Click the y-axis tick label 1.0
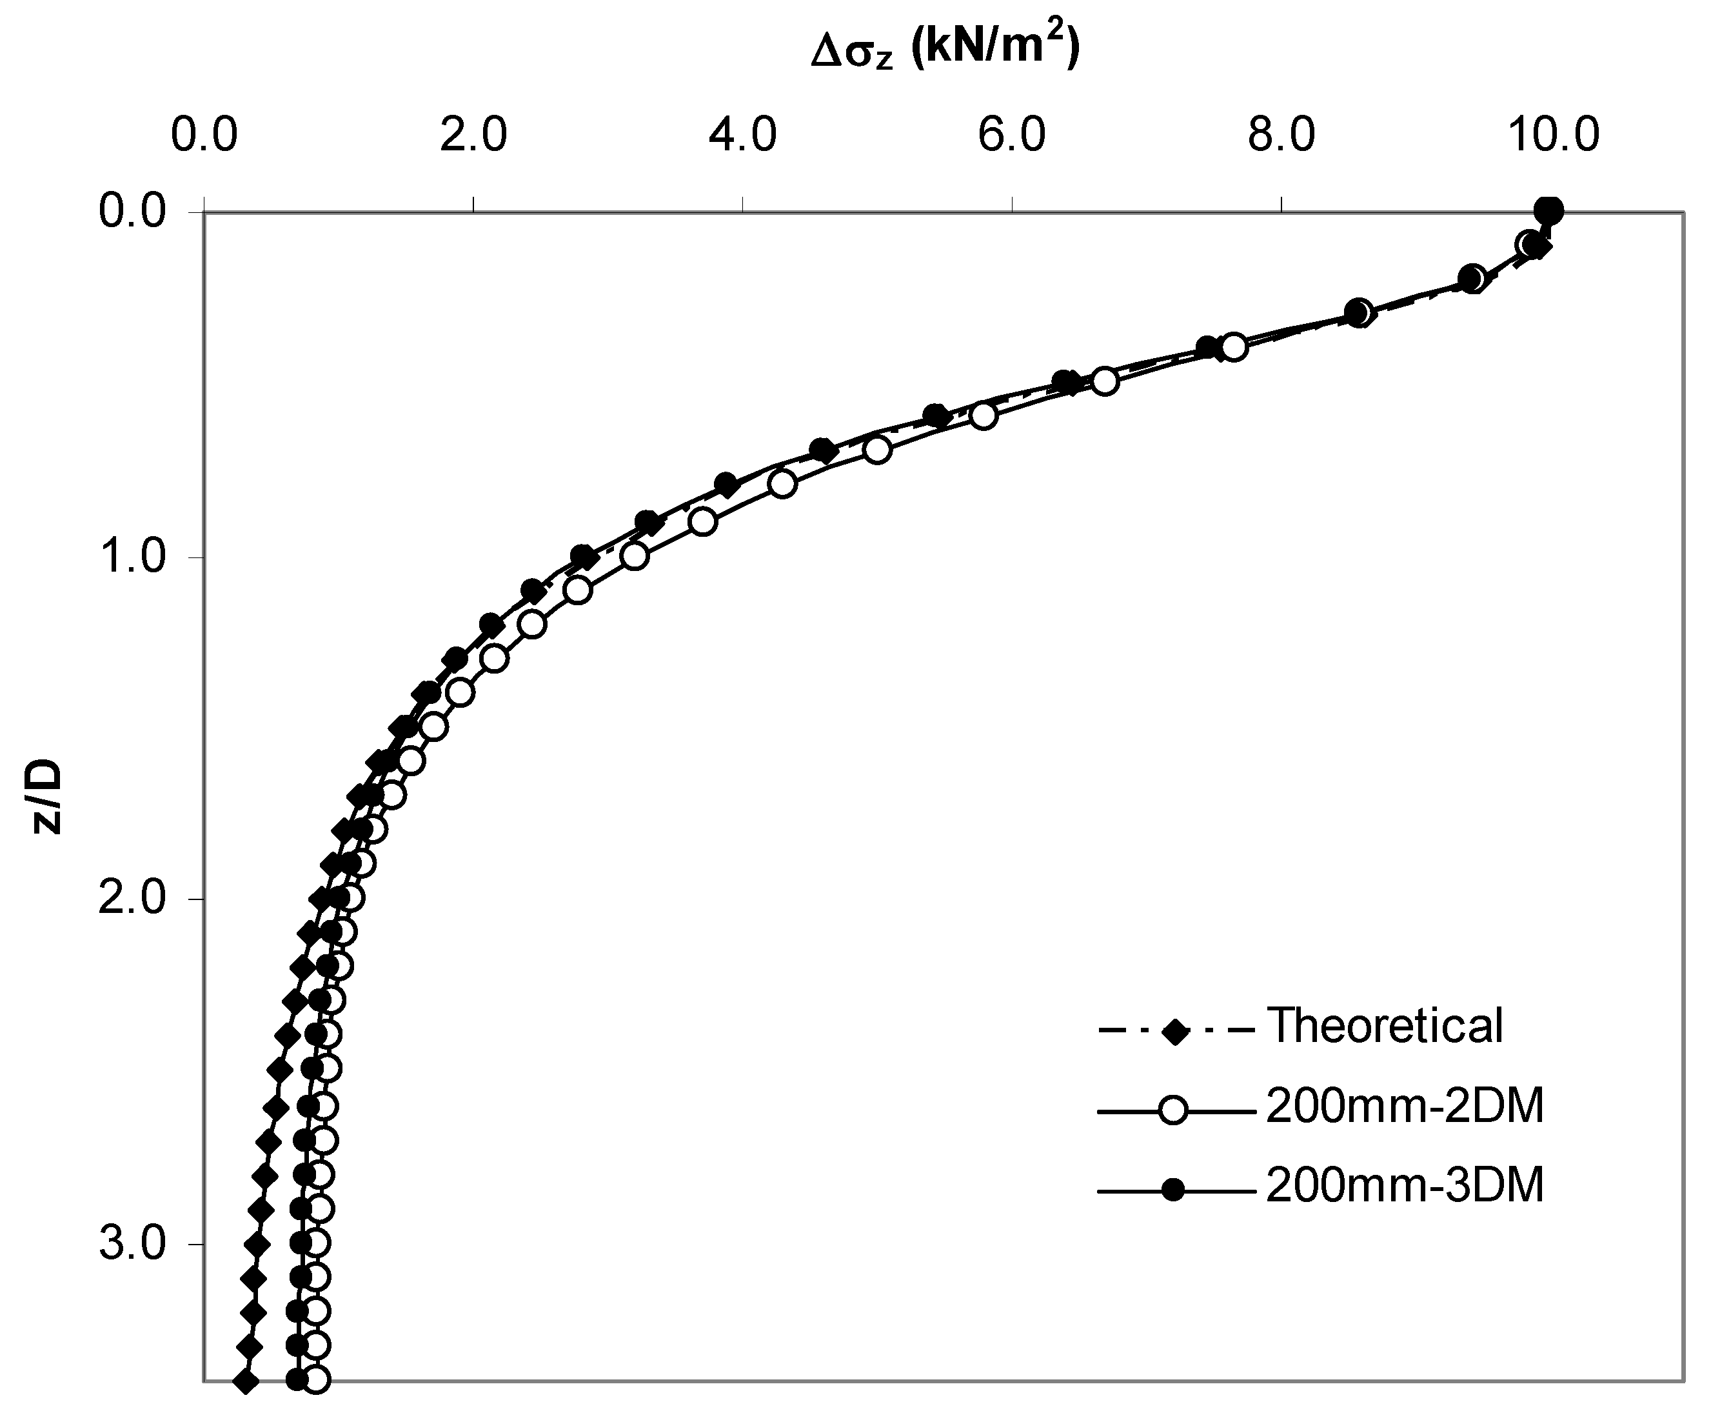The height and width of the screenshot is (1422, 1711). pyautogui.click(x=133, y=557)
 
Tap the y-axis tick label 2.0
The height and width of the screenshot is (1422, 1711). pyautogui.click(x=133, y=899)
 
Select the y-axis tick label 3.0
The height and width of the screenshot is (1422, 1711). pyautogui.click(x=133, y=1243)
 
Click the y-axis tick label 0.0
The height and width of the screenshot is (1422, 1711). pyautogui.click(x=133, y=212)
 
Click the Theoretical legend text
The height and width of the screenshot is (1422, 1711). pyautogui.click(x=1384, y=1025)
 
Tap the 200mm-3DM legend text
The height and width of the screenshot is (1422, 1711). pyautogui.click(x=1405, y=1186)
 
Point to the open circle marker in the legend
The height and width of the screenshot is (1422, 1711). pyautogui.click(x=1174, y=1111)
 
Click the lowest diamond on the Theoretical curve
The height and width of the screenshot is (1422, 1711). pyautogui.click(x=245, y=1381)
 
